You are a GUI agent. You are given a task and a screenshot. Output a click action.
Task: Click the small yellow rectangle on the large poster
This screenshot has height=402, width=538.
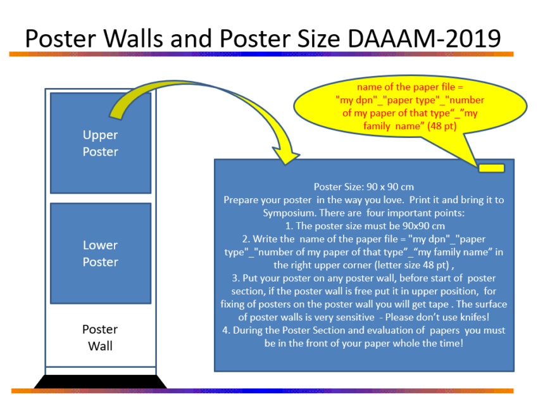pyautogui.click(x=491, y=168)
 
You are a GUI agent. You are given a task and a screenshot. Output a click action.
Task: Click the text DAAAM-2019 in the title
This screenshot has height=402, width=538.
pyautogui.click(x=424, y=39)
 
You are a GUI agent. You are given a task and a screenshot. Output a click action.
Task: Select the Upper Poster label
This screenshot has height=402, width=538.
pyautogui.click(x=100, y=143)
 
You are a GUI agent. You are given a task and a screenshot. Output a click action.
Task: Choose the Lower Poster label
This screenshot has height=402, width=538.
pyautogui.click(x=100, y=253)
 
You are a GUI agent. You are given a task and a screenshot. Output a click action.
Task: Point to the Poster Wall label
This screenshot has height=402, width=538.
pyautogui.click(x=100, y=337)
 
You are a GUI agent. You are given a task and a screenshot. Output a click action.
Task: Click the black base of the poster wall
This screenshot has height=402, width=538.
pyautogui.click(x=101, y=381)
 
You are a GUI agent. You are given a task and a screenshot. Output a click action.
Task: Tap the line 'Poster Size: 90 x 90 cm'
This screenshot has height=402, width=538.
pyautogui.click(x=364, y=187)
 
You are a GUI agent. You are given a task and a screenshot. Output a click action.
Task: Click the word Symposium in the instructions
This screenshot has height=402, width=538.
pyautogui.click(x=290, y=213)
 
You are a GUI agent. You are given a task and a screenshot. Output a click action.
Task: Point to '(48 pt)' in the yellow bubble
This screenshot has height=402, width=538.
pyautogui.click(x=442, y=126)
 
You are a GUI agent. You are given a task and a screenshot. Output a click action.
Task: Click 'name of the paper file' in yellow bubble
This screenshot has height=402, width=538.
pyautogui.click(x=406, y=87)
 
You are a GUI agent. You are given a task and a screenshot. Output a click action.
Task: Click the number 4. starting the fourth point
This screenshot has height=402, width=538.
pyautogui.click(x=226, y=330)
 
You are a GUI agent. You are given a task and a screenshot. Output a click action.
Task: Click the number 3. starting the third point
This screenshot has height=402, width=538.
pyautogui.click(x=235, y=278)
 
